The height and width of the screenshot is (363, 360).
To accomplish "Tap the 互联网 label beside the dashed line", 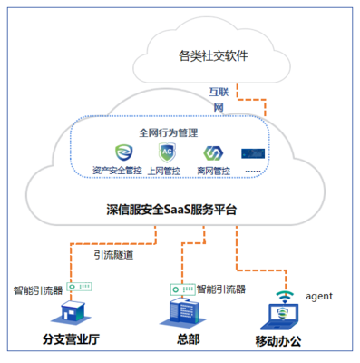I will (x=219, y=100).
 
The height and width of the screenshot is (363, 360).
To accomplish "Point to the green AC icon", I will (x=167, y=152).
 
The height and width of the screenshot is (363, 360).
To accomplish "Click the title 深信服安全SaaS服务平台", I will (x=171, y=210).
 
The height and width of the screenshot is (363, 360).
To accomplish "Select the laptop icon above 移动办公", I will (x=283, y=315).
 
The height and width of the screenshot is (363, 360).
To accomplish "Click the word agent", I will (x=321, y=295).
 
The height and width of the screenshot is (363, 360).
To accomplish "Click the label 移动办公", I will (x=284, y=343).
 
